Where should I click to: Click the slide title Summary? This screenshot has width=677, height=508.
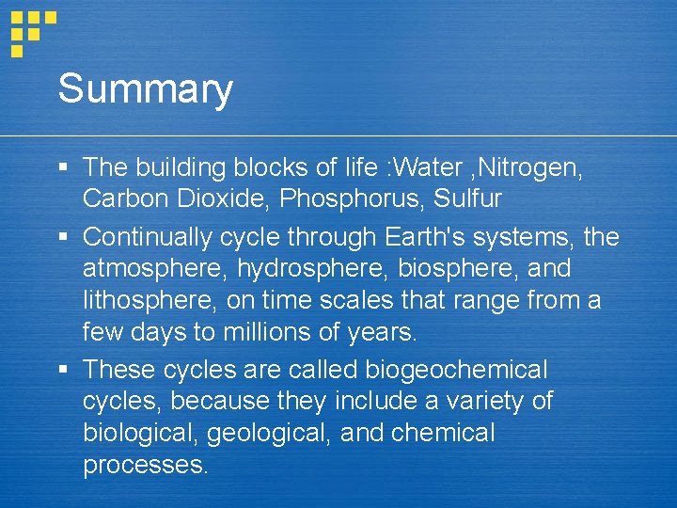(145, 90)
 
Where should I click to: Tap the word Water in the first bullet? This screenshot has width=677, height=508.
(432, 168)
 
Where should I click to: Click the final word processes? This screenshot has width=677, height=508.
(145, 466)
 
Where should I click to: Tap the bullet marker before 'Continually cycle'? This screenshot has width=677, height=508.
(62, 237)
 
